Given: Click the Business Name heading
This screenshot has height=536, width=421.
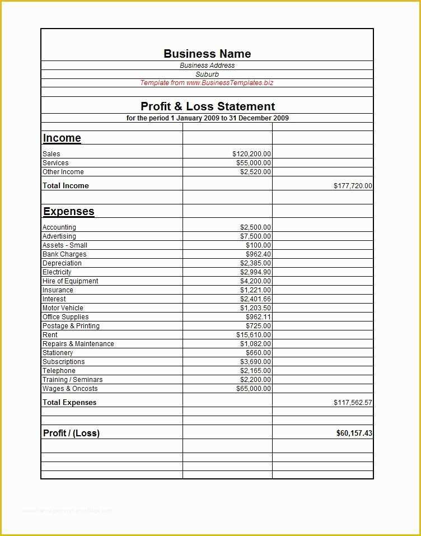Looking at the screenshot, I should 207,54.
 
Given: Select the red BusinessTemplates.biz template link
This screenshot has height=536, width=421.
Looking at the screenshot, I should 207,83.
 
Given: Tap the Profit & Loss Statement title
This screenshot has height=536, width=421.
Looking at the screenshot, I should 207,106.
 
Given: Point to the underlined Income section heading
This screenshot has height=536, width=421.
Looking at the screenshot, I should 62,138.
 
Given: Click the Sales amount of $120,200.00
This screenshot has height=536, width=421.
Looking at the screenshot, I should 251,154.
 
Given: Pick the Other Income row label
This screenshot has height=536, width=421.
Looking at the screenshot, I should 63,172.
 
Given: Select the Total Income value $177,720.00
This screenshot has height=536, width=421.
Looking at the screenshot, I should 353,186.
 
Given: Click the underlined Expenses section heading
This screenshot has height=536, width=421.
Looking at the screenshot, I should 69,212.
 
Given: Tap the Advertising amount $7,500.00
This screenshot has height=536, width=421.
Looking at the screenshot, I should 255,236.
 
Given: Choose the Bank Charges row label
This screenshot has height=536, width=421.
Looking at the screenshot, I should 64,254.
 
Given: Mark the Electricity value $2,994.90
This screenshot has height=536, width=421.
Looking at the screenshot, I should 255,272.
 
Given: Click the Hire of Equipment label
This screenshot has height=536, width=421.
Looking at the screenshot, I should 71,281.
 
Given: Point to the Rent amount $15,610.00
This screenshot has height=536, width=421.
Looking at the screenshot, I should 254,335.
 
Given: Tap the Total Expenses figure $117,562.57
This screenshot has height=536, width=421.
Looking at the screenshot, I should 353,403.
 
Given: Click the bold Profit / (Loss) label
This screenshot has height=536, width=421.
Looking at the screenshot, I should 71,433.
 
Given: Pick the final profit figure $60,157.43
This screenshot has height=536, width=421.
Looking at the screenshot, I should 354,433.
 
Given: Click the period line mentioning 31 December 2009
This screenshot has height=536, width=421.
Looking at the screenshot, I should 207,118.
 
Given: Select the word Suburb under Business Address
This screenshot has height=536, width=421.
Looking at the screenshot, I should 207,74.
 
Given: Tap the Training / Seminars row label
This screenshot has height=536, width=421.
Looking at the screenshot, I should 73,380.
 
